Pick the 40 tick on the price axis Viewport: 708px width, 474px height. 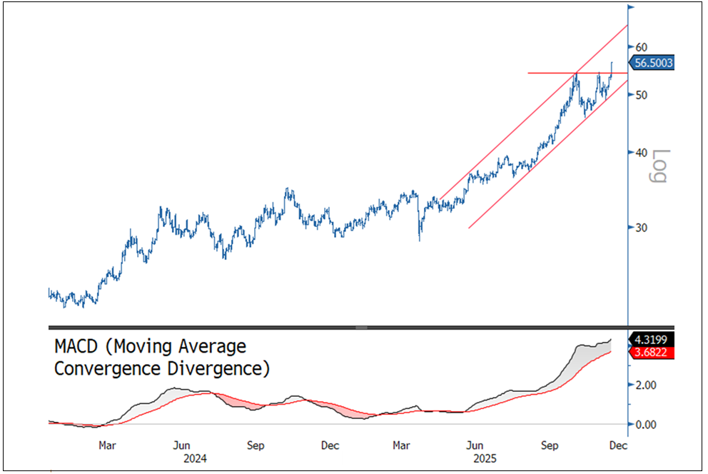[642, 153]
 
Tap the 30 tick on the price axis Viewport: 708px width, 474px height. [642, 228]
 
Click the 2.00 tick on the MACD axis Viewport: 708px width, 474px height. [647, 385]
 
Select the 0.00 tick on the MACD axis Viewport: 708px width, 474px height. [647, 425]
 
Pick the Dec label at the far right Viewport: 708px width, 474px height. [618, 445]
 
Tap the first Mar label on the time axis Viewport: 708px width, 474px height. [107, 445]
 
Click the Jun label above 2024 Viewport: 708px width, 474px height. [181, 445]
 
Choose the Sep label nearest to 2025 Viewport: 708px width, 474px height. [550, 445]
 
